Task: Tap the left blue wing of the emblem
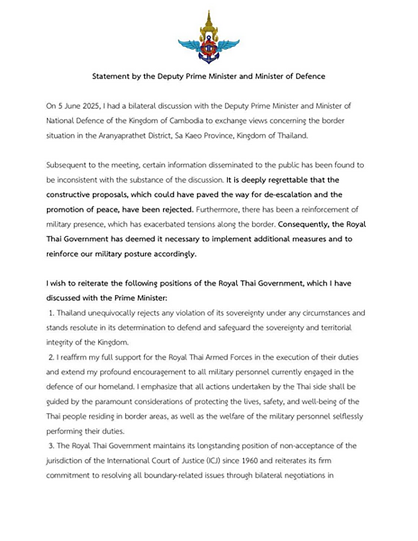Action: pyautogui.click(x=188, y=45)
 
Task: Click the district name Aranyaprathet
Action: pyautogui.click(x=125, y=135)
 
